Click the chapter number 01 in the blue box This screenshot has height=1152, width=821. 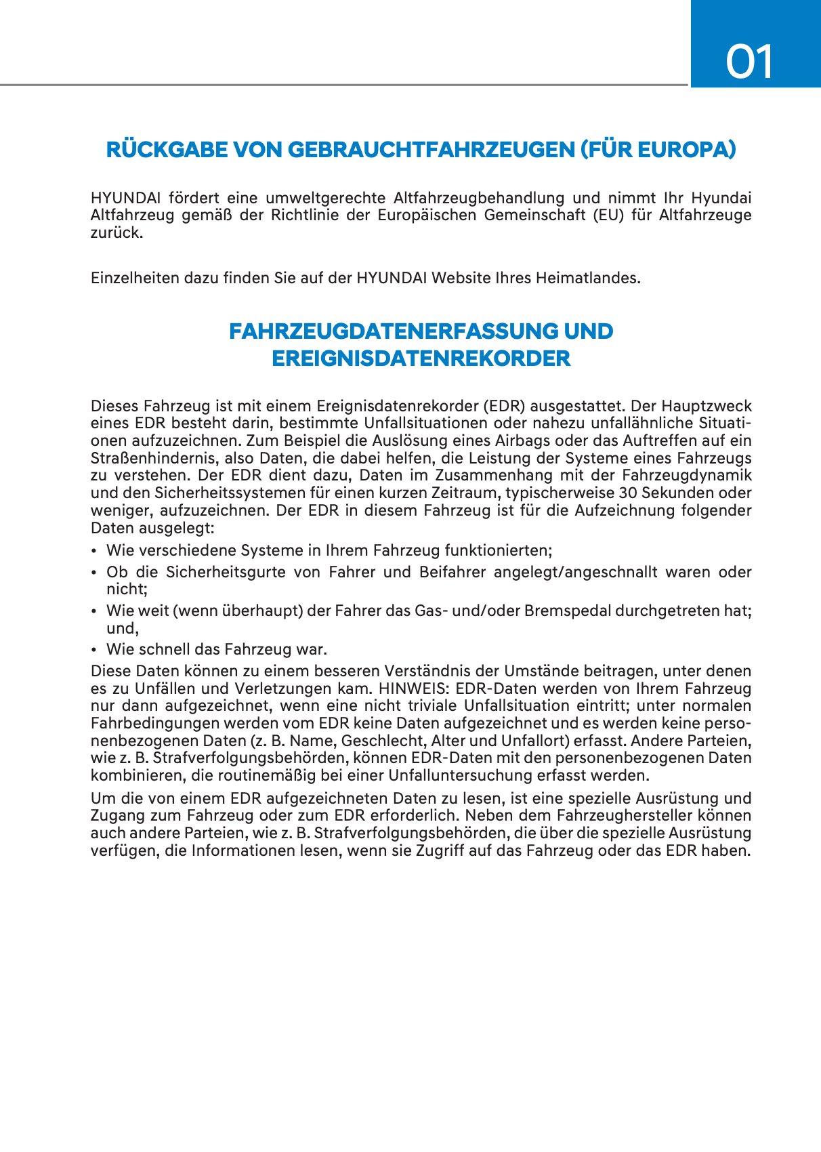(x=749, y=62)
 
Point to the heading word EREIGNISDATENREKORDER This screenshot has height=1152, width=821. (x=421, y=358)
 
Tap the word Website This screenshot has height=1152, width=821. (x=461, y=278)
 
